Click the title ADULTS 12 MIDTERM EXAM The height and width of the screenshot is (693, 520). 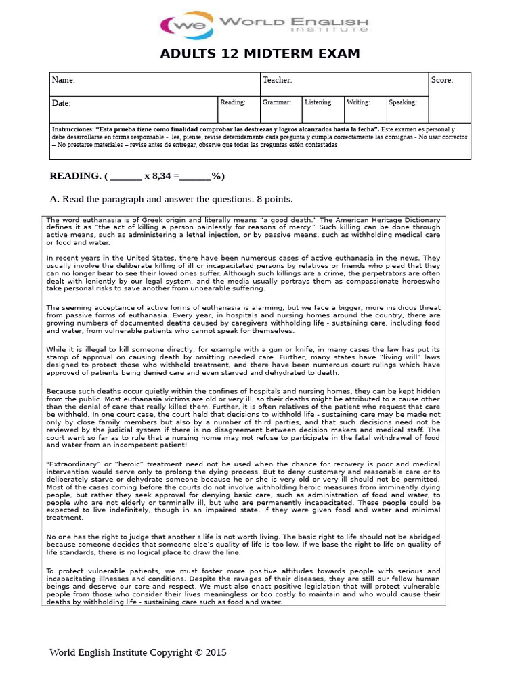260,54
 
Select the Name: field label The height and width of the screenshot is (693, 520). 64,81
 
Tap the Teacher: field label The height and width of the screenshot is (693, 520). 277,81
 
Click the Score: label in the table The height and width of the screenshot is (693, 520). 442,81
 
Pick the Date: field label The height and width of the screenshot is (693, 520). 62,104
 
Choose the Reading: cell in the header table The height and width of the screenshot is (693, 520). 233,102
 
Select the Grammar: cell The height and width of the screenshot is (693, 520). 277,102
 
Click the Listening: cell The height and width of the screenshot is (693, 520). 319,102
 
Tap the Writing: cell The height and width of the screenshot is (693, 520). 358,102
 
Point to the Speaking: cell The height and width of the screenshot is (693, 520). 403,102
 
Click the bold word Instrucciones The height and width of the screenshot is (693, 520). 72,129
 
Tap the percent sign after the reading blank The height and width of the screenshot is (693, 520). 217,177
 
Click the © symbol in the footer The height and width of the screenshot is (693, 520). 198,653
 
